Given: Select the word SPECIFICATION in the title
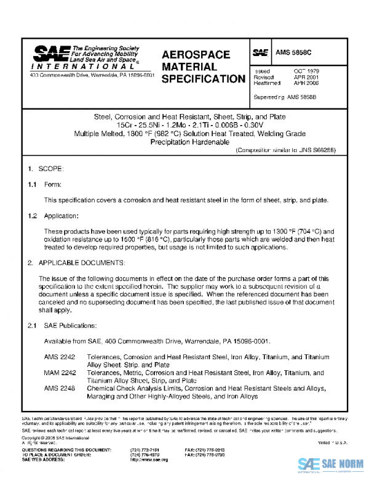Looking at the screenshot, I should click(203, 79).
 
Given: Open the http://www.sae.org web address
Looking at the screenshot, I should click(148, 460).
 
